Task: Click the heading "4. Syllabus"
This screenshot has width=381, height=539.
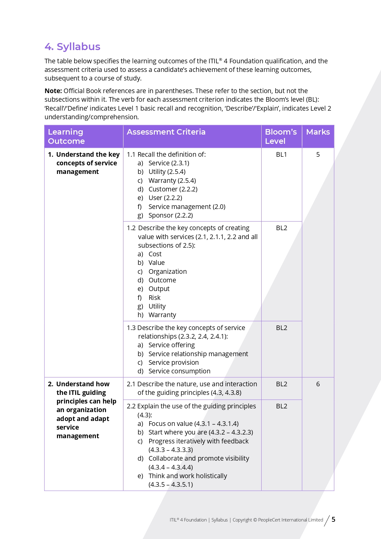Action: click(72, 47)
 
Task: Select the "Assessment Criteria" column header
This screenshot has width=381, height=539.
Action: click(166, 132)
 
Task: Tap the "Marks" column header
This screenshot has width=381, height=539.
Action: click(318, 132)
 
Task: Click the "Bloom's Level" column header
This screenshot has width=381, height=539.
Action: click(281, 136)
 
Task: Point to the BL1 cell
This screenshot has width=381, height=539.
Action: click(281, 155)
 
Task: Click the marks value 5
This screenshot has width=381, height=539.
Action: click(318, 155)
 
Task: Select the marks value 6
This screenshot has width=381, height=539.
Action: click(318, 384)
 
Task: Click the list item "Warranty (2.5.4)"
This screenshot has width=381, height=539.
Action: click(172, 181)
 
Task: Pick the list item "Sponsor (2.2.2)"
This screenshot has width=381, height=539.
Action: click(170, 215)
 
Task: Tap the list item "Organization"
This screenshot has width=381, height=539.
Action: click(167, 272)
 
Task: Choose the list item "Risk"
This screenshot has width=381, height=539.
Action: click(154, 298)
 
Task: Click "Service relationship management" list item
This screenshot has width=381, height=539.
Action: click(198, 354)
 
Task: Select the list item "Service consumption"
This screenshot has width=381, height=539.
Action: click(179, 371)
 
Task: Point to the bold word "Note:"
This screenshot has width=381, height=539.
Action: click(53, 91)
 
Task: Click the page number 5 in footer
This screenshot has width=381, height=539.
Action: click(333, 520)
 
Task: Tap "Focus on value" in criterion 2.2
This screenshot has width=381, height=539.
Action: click(170, 424)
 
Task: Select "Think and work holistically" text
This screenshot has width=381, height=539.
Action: click(188, 476)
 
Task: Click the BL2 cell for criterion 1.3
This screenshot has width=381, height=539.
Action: click(281, 328)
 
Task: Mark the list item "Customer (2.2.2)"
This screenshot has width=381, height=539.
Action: click(173, 189)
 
